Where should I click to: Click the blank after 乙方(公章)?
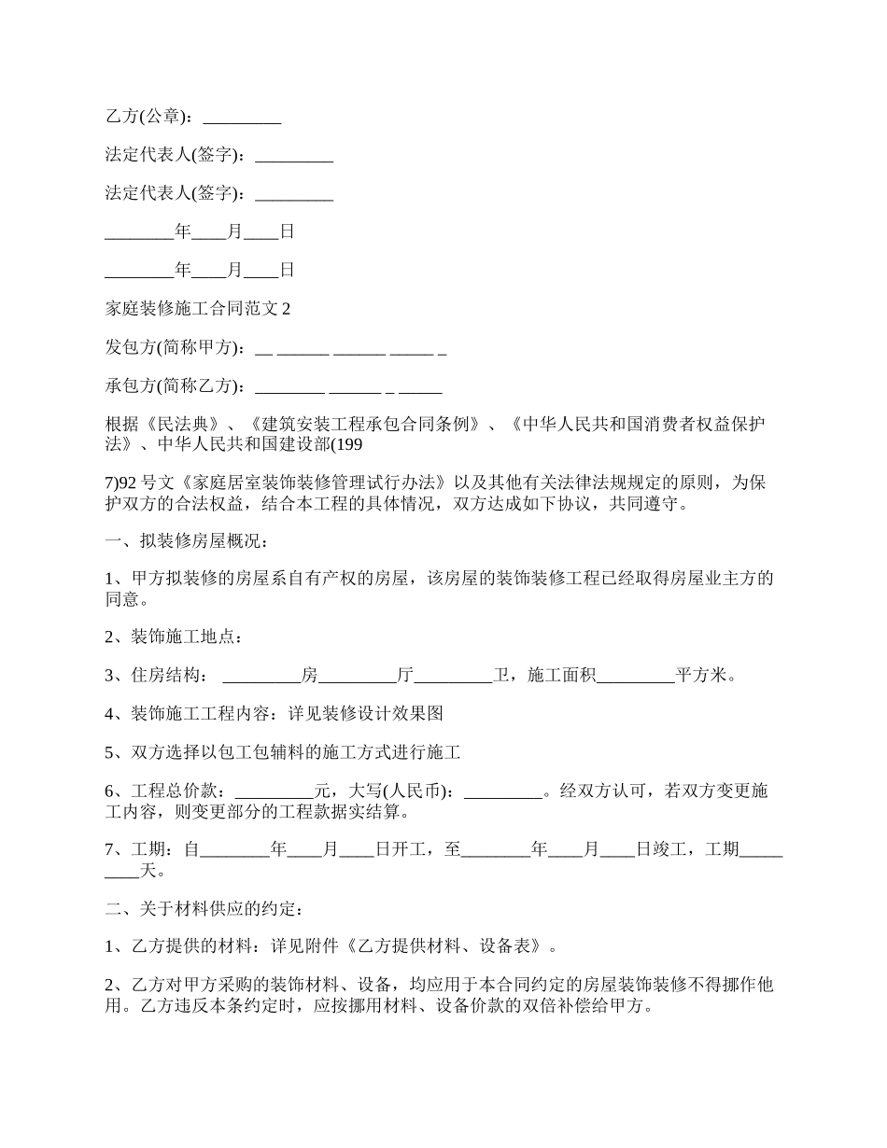[242, 119]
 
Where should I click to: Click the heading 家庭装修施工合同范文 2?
[198, 309]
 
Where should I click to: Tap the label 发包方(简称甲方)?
[175, 348]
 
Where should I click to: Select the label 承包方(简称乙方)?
[175, 386]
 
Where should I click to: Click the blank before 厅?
[358, 677]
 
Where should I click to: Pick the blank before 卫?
[453, 677]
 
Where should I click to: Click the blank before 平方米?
[635, 677]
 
